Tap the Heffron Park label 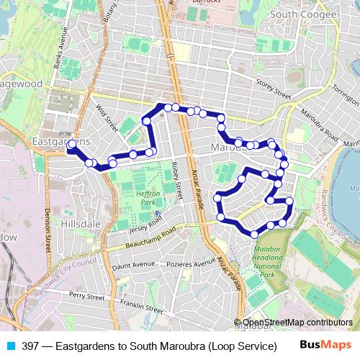[x=148, y=198]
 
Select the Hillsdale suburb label [x=80, y=224]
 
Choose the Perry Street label [x=88, y=295]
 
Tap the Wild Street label [x=107, y=119]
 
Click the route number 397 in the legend [x=30, y=346]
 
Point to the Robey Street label [x=177, y=176]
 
